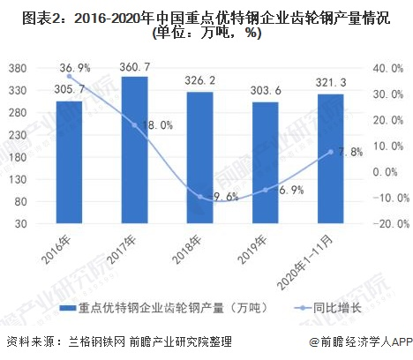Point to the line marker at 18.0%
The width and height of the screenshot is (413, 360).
[134, 124]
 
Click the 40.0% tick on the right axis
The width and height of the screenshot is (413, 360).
[390, 69]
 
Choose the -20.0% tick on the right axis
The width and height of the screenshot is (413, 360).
[388, 224]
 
